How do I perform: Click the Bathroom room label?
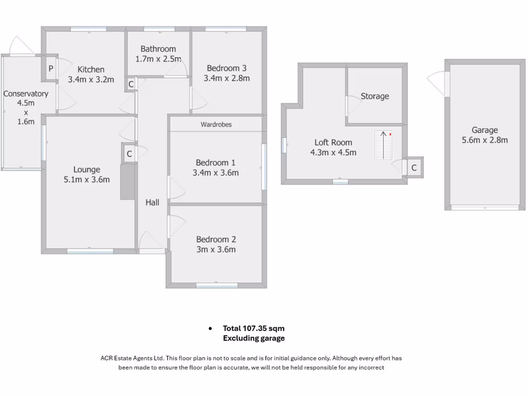[x=158, y=49]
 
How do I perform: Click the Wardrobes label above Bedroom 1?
[x=216, y=125]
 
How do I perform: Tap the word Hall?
[x=152, y=203]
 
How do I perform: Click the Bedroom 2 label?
[x=216, y=239]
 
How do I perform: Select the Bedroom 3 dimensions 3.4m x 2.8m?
[x=227, y=78]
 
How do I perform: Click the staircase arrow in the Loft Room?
[x=383, y=144]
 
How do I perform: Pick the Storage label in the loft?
[x=375, y=96]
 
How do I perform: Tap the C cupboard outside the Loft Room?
[x=414, y=168]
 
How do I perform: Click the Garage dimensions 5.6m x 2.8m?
[x=485, y=140]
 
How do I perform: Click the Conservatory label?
[x=26, y=94]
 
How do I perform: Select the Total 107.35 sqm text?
[x=253, y=328]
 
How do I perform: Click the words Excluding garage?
[x=254, y=338]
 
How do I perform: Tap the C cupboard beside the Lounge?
[x=129, y=154]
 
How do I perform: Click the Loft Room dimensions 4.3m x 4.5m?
[x=334, y=153]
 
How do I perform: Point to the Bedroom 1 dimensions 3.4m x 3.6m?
[x=216, y=173]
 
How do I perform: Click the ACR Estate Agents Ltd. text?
[x=133, y=358]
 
